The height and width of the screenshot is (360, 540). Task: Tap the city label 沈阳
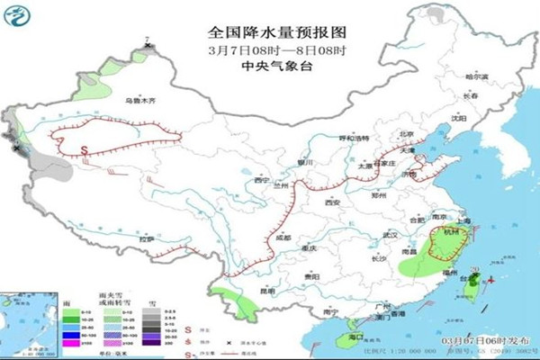[459, 118]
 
